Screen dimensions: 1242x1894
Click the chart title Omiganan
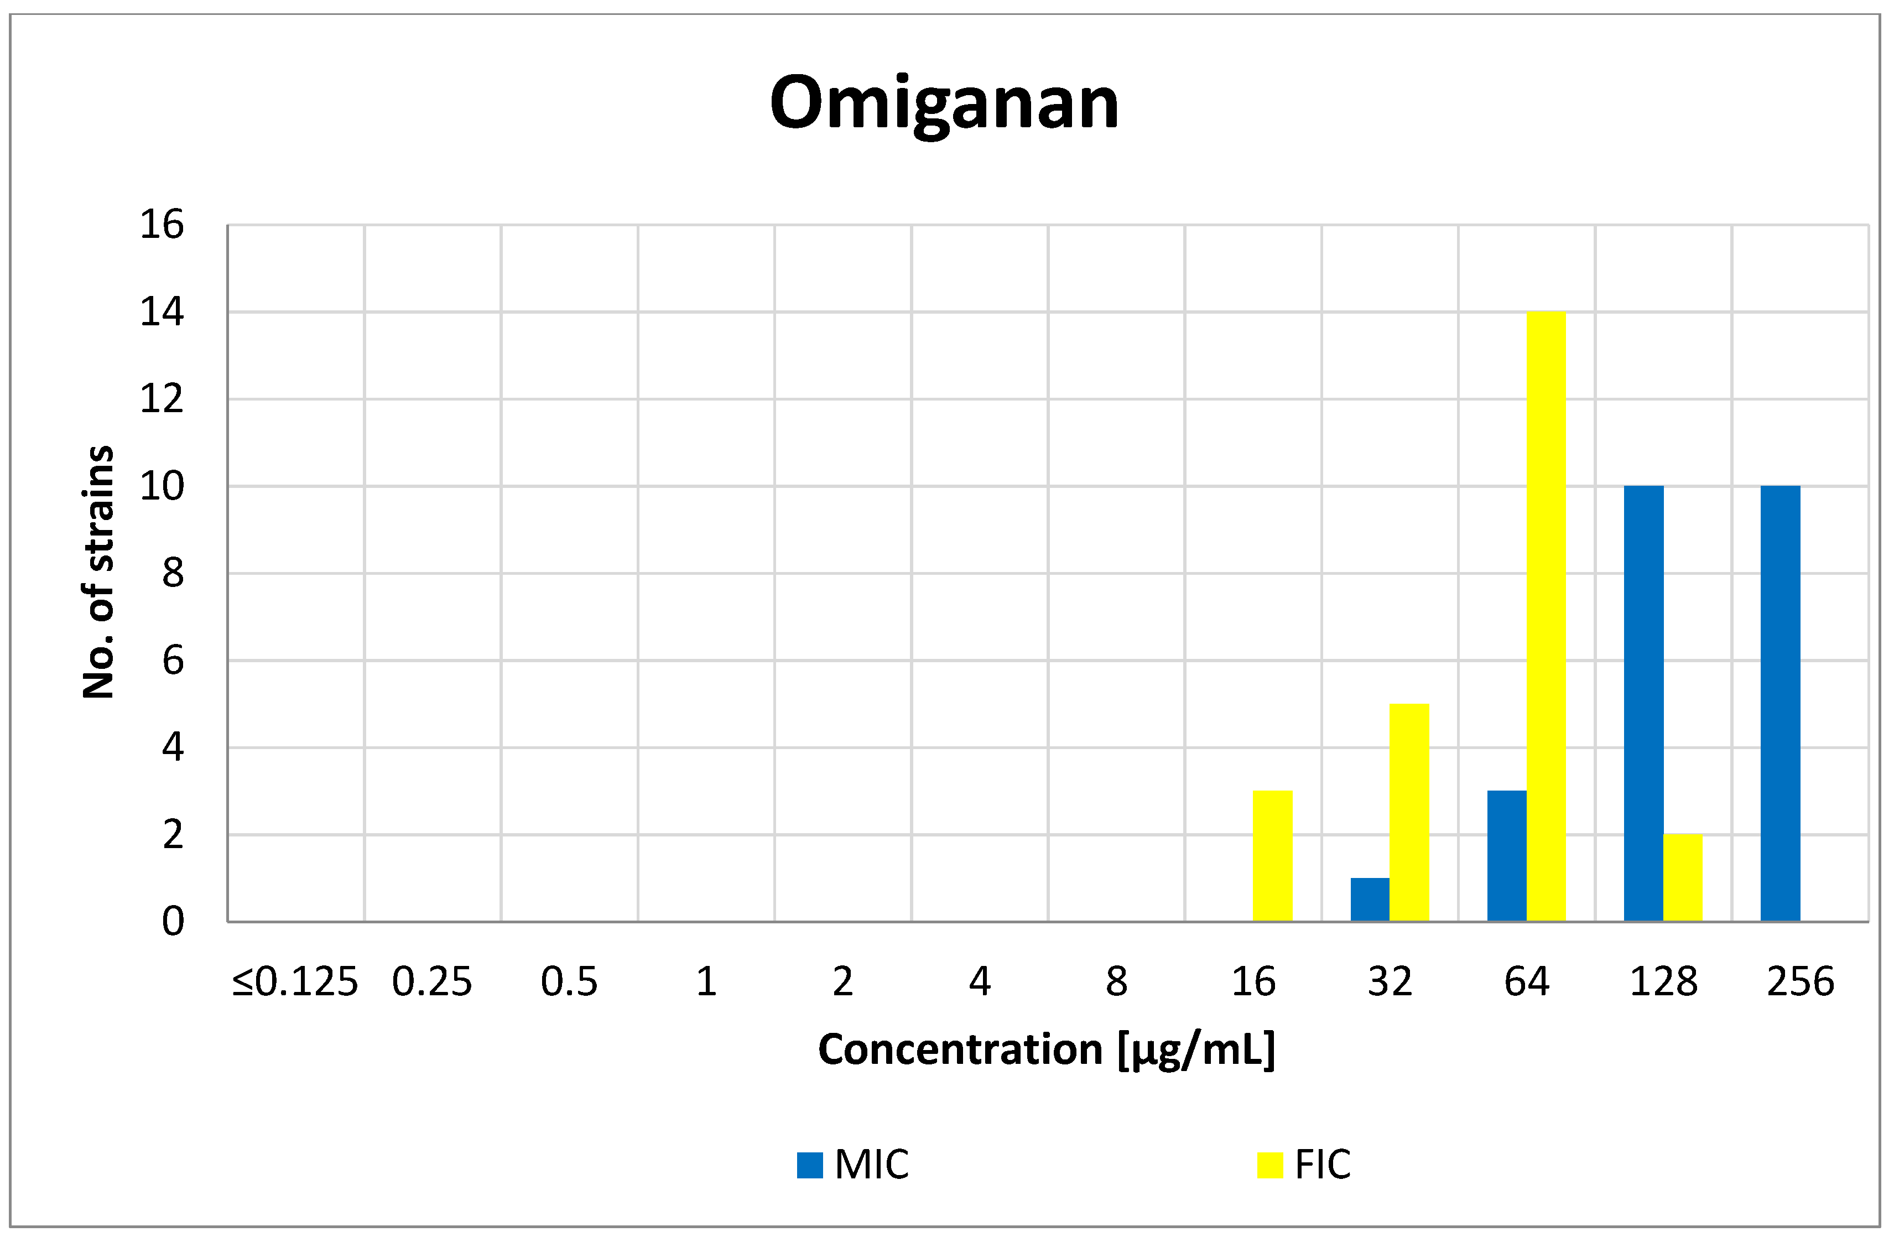pyautogui.click(x=945, y=103)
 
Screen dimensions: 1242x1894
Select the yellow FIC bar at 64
pyautogui.click(x=1546, y=617)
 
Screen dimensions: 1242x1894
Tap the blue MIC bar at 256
pyautogui.click(x=1780, y=704)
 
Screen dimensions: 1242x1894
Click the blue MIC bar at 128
pyautogui.click(x=1643, y=704)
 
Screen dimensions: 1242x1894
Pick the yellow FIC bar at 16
pyautogui.click(x=1272, y=856)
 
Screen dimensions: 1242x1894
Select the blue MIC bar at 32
pyautogui.click(x=1370, y=900)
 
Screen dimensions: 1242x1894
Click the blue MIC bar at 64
pyautogui.click(x=1506, y=856)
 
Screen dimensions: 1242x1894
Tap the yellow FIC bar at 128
pyautogui.click(x=1682, y=878)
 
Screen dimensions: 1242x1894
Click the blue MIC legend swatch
pyautogui.click(x=809, y=1165)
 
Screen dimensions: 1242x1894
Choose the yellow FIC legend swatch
pyautogui.click(x=1270, y=1165)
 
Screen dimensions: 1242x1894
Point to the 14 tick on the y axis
pyautogui.click(x=162, y=312)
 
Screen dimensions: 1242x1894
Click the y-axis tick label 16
pyautogui.click(x=162, y=225)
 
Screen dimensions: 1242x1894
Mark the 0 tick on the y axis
pyautogui.click(x=173, y=922)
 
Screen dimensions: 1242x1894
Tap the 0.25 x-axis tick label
pyautogui.click(x=432, y=981)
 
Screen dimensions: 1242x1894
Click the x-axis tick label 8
pyautogui.click(x=1116, y=981)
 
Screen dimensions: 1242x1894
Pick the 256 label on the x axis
pyautogui.click(x=1800, y=981)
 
